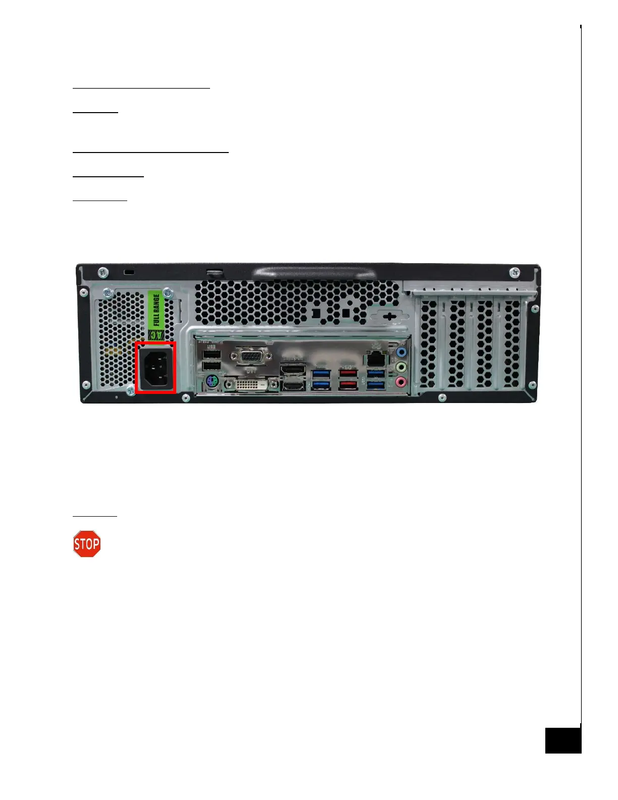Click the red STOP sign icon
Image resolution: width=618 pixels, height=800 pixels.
87,544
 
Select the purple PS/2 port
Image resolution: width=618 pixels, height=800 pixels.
212,385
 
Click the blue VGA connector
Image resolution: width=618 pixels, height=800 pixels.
251,357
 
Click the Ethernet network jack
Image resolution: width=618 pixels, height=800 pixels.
375,359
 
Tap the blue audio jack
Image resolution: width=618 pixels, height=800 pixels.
401,352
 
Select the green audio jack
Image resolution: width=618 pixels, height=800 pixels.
401,367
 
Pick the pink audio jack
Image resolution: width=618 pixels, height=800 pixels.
401,382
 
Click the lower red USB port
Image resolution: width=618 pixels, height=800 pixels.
348,385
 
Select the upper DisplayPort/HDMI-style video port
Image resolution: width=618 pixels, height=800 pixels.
293,370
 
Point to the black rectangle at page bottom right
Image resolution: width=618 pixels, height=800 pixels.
563,740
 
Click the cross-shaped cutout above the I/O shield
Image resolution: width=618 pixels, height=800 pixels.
389,317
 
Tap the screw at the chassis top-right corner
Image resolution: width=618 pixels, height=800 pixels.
514,272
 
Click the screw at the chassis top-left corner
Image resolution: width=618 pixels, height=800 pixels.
102,272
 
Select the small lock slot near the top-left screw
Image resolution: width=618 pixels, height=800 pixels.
129,273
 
